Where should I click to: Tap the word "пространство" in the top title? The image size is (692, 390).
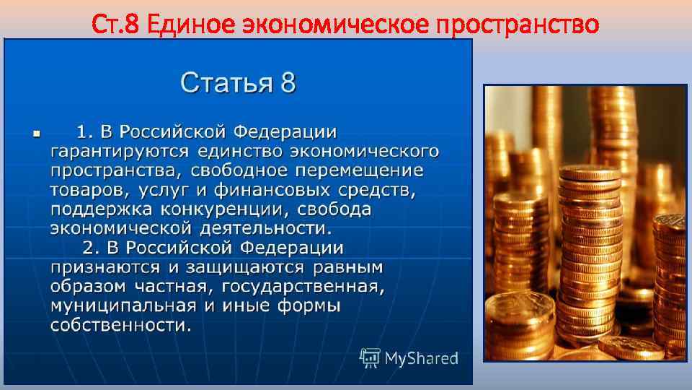(x=518, y=25)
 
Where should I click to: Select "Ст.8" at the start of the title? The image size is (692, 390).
(x=116, y=25)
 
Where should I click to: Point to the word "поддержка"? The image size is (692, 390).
(x=93, y=210)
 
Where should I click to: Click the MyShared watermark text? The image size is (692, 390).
(x=422, y=357)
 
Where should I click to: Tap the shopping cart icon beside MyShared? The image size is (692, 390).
(x=370, y=357)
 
